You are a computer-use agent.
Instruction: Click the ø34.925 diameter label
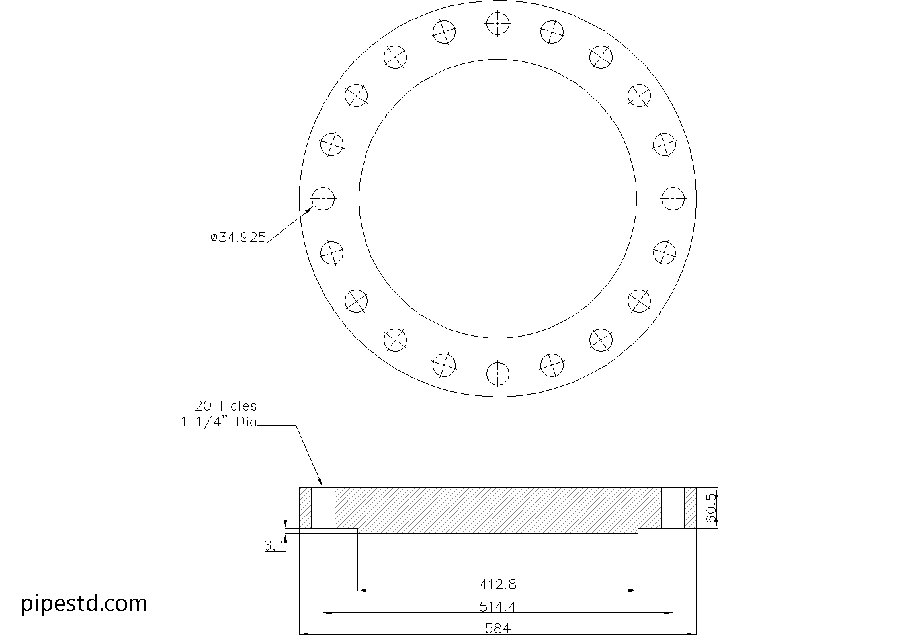pyautogui.click(x=239, y=237)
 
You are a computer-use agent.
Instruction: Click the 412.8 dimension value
pyautogui.click(x=497, y=584)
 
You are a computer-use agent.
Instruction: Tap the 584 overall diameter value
pyautogui.click(x=497, y=628)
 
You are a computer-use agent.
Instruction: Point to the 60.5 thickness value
pyautogui.click(x=711, y=508)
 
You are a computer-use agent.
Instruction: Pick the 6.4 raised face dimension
pyautogui.click(x=275, y=545)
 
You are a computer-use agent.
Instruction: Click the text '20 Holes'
pyautogui.click(x=225, y=406)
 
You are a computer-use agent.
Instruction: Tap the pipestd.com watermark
pyautogui.click(x=84, y=603)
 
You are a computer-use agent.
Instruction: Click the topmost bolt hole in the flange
pyautogui.click(x=497, y=24)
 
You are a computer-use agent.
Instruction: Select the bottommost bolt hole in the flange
pyautogui.click(x=497, y=374)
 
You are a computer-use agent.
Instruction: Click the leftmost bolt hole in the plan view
pyautogui.click(x=323, y=198)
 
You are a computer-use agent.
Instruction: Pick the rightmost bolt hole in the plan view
pyautogui.click(x=673, y=198)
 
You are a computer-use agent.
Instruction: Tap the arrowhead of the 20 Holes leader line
pyautogui.click(x=321, y=484)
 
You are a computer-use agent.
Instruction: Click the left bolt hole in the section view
pyautogui.click(x=323, y=508)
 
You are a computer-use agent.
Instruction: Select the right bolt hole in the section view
pyautogui.click(x=673, y=508)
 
